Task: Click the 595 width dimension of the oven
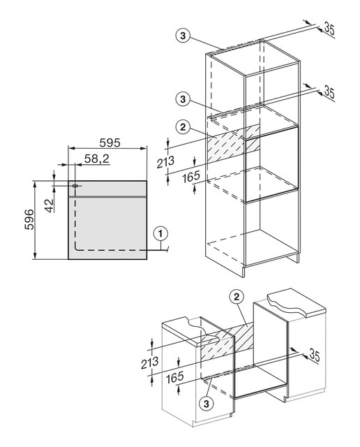click(110, 142)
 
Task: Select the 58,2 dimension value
click(97, 159)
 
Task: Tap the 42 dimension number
click(50, 205)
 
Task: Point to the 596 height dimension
click(29, 219)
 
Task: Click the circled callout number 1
click(160, 234)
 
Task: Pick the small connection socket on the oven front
click(75, 186)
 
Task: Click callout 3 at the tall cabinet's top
click(183, 36)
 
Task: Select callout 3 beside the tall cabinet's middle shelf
click(183, 99)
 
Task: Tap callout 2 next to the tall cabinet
click(183, 127)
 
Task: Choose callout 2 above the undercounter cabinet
click(237, 298)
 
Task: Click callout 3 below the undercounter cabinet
click(207, 404)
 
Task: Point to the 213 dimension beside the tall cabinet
click(165, 162)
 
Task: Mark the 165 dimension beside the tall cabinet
click(191, 177)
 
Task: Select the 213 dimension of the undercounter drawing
click(150, 362)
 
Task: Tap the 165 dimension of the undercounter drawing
click(175, 377)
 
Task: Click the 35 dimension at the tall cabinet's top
click(329, 29)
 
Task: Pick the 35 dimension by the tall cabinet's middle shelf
click(329, 93)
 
